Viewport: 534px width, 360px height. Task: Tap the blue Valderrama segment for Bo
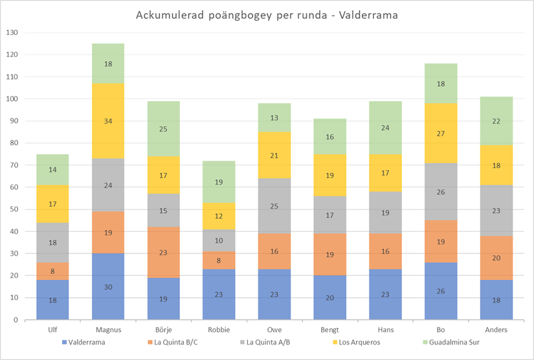pos(441,291)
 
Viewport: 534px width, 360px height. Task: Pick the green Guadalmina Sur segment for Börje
pos(164,129)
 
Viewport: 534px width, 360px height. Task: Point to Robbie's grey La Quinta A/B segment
pos(219,240)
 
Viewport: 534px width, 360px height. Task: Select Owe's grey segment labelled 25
pos(274,206)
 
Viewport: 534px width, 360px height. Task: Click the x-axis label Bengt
pos(329,330)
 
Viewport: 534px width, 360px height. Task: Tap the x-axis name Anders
pos(496,330)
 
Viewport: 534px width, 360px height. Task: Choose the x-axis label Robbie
pos(219,330)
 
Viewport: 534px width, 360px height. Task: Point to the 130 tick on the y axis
pos(12,32)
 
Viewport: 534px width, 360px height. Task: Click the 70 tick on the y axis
pos(14,165)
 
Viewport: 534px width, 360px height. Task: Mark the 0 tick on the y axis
pos(17,320)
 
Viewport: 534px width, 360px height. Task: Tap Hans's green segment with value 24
pos(385,128)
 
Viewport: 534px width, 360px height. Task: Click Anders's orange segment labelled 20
pos(496,258)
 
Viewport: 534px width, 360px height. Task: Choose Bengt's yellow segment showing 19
pos(330,175)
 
